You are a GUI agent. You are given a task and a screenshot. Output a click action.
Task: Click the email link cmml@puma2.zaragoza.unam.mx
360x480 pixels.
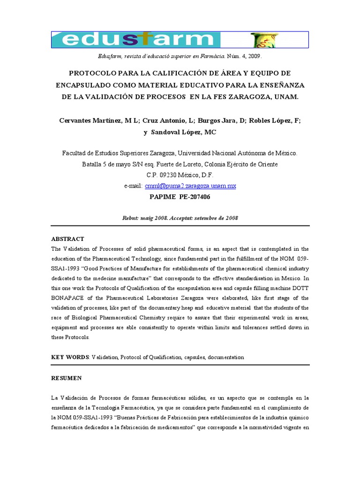(190, 186)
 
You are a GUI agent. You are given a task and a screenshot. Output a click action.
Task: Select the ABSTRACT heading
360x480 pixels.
(67, 239)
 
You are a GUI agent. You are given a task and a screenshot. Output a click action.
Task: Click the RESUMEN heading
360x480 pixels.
(66, 378)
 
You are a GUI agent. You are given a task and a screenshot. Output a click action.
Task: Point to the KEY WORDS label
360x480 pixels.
(69, 357)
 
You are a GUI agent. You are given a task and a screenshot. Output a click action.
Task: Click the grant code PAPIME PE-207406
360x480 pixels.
(180, 197)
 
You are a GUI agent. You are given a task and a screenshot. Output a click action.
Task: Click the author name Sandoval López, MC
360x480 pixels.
(183, 132)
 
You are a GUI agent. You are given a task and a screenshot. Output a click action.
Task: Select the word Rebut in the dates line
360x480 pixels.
(130, 218)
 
